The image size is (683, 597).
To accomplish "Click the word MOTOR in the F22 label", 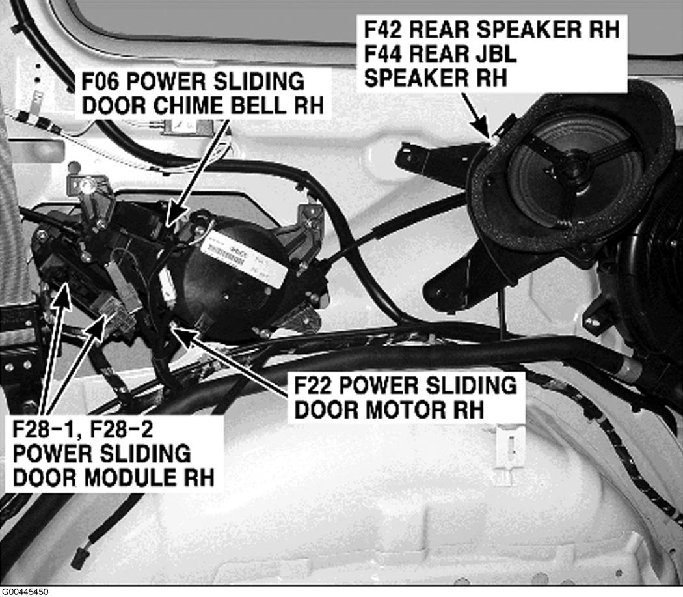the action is pos(408,410).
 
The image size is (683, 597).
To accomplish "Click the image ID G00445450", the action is pos(25,592).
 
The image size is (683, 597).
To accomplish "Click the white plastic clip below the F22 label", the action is pos(509,454).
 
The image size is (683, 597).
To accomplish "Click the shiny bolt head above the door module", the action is pos(88,187).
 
